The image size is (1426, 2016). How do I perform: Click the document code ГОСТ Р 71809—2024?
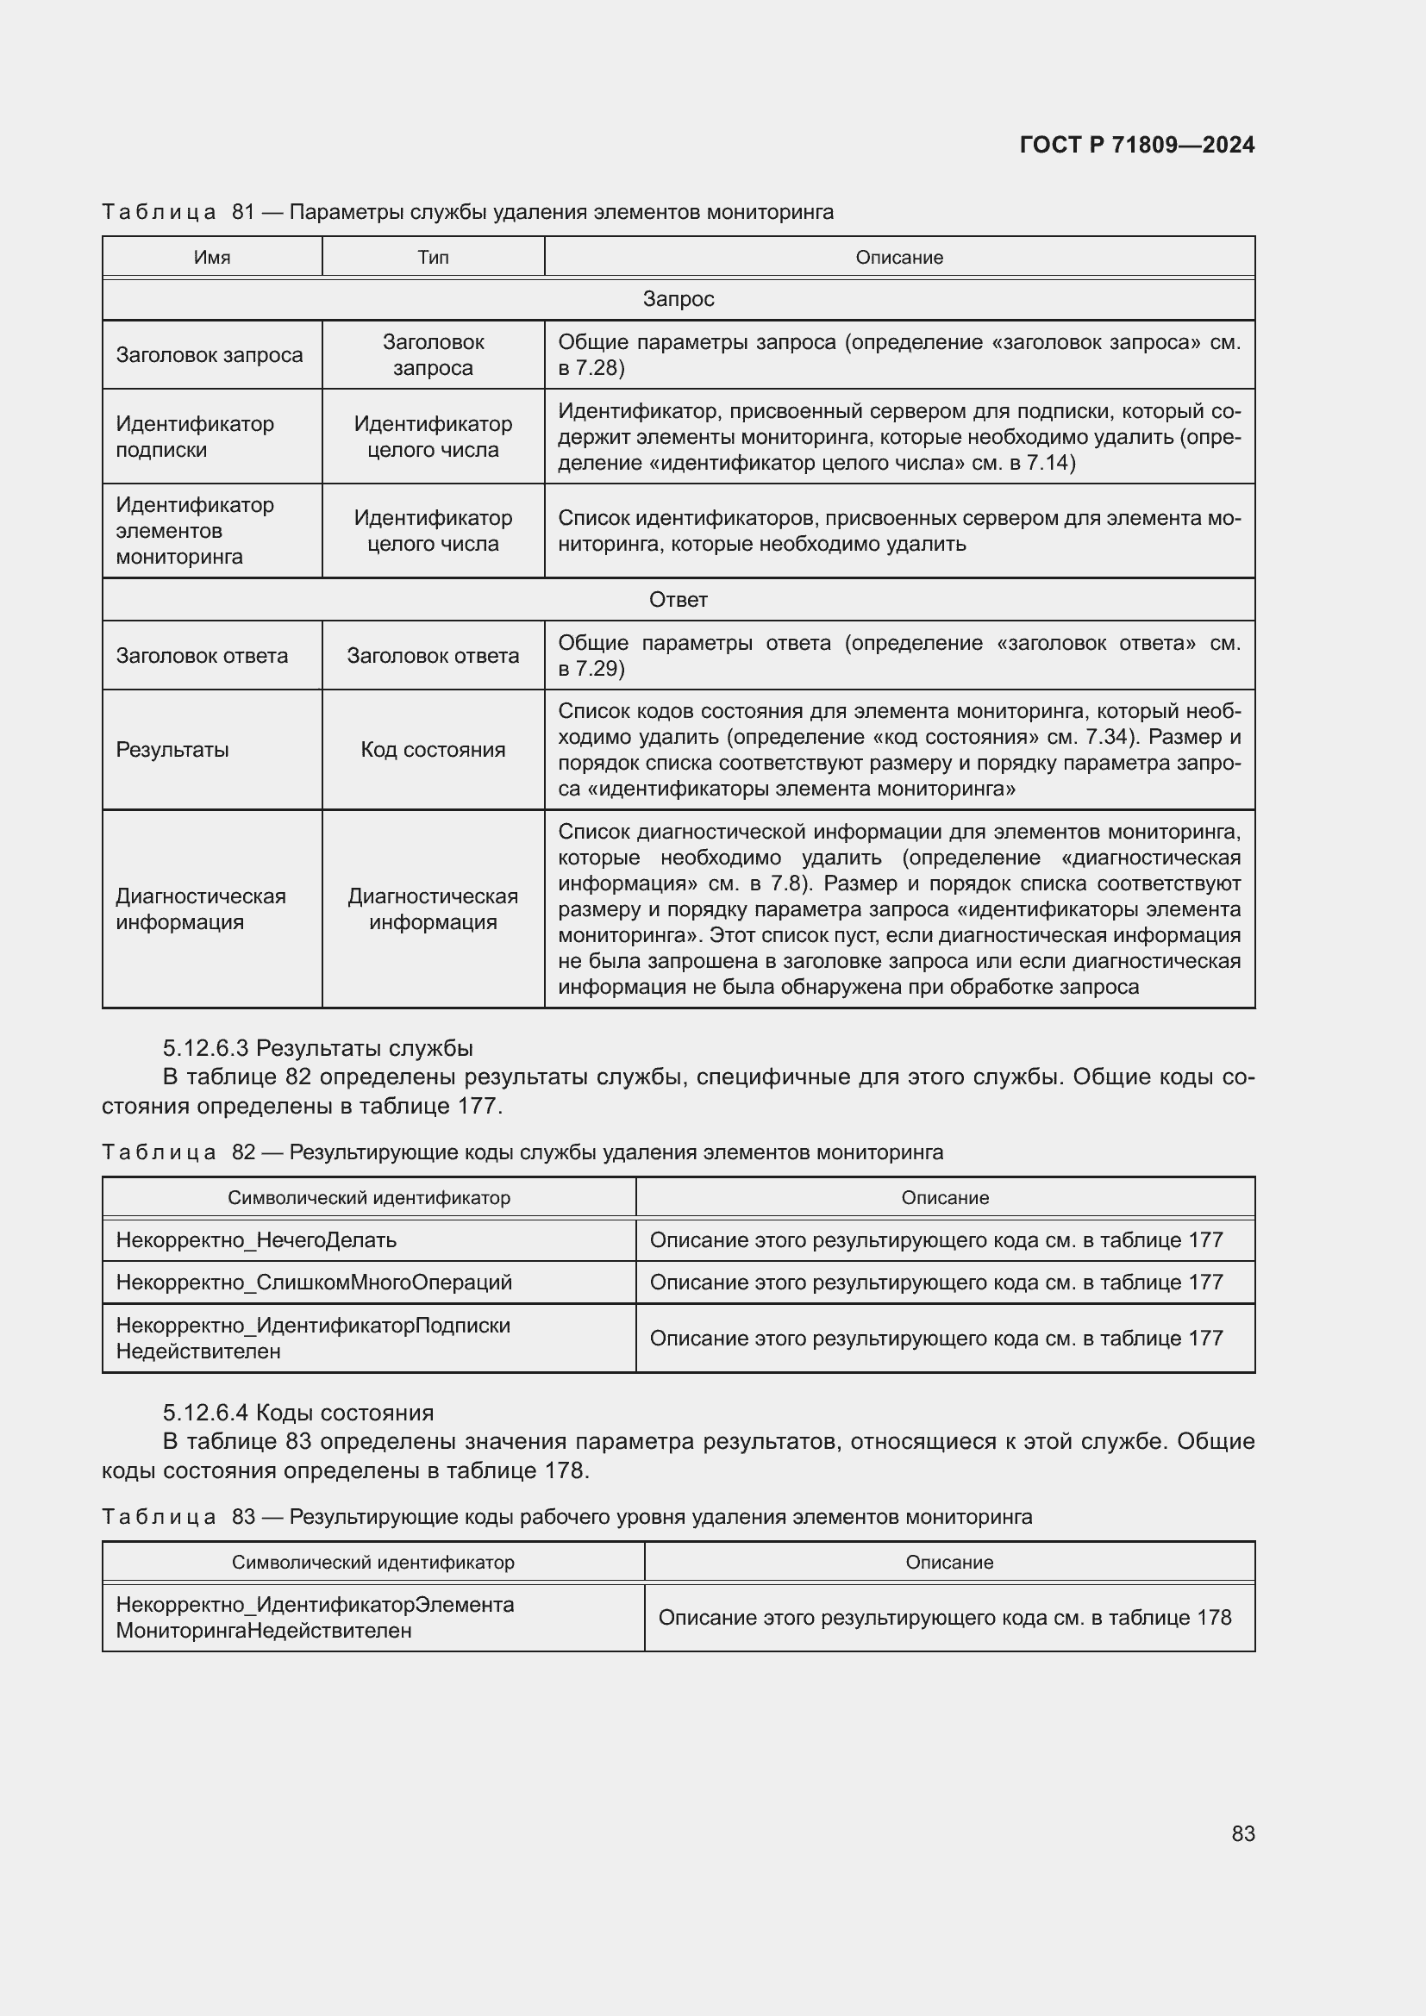[1136, 145]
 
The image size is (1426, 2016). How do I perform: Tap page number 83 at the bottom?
[1242, 1833]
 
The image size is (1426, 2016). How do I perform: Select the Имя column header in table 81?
[211, 257]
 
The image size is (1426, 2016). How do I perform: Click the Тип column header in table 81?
[433, 257]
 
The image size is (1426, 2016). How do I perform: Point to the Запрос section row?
[678, 299]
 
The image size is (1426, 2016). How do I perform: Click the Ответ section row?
[678, 600]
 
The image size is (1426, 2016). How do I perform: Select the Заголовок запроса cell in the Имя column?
[209, 355]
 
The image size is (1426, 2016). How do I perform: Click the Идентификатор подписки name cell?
[195, 436]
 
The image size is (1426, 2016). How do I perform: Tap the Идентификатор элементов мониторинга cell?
[195, 530]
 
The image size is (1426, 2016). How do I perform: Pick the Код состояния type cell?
[433, 750]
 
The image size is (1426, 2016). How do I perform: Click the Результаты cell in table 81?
[172, 750]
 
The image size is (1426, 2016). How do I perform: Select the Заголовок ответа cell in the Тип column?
[433, 656]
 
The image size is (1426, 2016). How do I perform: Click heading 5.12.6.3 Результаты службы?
[318, 1048]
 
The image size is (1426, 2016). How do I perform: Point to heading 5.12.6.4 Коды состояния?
[298, 1413]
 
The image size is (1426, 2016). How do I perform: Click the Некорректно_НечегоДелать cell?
[256, 1240]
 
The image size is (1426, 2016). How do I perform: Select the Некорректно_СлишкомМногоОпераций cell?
[314, 1283]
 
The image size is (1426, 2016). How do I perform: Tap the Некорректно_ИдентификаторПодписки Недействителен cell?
[313, 1339]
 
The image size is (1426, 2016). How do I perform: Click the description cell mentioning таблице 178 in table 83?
[945, 1617]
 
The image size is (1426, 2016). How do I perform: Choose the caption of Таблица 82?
[522, 1152]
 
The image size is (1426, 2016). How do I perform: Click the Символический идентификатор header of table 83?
[373, 1562]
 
